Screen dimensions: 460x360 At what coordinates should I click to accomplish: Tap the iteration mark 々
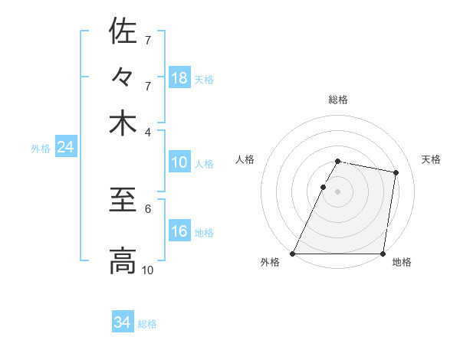tap(123, 77)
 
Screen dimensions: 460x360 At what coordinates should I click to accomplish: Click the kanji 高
tap(123, 260)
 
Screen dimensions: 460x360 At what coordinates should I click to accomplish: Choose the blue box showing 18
tap(179, 77)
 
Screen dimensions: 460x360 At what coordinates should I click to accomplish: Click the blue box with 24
tap(65, 147)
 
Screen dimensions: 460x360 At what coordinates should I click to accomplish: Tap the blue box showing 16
tap(179, 231)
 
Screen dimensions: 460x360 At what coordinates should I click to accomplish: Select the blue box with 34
tap(123, 322)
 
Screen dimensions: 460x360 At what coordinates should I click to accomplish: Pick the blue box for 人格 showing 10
tap(179, 162)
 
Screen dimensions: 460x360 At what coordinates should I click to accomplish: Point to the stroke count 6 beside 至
tap(148, 208)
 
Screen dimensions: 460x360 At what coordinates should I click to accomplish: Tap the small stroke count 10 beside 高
tap(148, 270)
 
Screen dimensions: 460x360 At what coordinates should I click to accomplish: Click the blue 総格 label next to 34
tap(147, 324)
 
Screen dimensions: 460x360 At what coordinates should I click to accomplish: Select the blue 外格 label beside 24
tap(41, 149)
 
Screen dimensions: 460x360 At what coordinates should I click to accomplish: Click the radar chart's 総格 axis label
tap(337, 100)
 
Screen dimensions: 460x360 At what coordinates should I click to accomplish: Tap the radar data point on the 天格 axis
tap(396, 173)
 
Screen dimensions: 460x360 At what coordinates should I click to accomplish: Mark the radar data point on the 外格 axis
tap(293, 253)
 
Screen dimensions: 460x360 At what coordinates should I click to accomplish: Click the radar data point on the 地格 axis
tap(382, 253)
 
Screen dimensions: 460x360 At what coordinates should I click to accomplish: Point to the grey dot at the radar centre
tap(337, 191)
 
